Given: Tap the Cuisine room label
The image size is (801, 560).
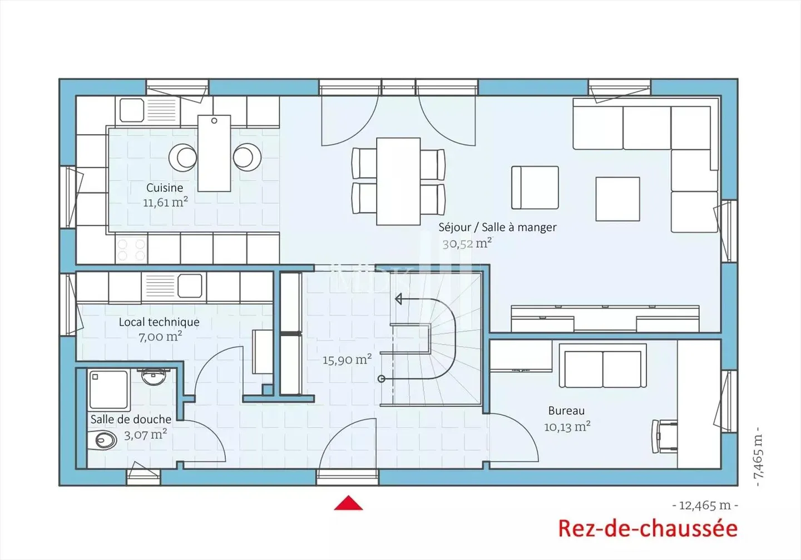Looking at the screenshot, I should [x=165, y=188].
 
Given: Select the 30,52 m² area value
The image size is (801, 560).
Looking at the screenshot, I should [x=467, y=243].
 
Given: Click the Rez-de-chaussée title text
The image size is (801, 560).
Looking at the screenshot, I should [x=647, y=528].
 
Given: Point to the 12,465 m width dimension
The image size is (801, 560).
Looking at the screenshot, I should [x=705, y=505].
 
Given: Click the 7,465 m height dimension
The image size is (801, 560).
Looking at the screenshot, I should [x=758, y=456].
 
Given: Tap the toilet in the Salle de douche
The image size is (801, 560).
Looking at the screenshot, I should [x=104, y=442].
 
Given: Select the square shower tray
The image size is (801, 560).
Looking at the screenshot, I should [x=109, y=390].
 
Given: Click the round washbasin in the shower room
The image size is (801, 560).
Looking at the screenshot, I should [x=152, y=377].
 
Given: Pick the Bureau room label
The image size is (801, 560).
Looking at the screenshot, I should [x=566, y=411].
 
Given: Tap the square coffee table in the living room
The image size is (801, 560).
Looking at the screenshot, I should [x=617, y=199].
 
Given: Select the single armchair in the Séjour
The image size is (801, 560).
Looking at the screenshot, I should [x=535, y=188].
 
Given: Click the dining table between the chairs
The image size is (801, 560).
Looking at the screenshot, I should [x=398, y=181].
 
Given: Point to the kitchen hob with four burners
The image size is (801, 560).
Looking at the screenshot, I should [x=131, y=249].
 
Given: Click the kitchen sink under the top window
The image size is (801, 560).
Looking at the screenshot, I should [x=132, y=110].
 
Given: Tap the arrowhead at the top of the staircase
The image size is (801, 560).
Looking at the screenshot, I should [x=398, y=299].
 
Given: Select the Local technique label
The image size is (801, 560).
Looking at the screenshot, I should [x=159, y=322].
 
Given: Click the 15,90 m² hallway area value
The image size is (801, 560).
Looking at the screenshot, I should [x=347, y=360].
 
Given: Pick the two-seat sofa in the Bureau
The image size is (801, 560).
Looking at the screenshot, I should [x=603, y=368].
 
